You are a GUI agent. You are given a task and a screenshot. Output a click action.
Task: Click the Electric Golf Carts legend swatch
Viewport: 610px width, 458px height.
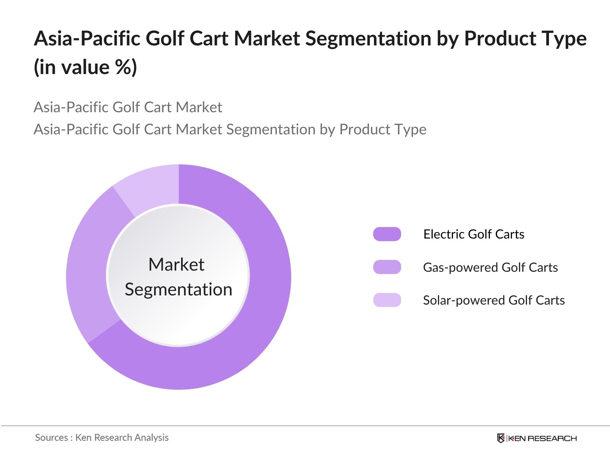tap(387, 234)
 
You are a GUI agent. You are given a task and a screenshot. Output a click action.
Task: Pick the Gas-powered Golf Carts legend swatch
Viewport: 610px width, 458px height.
tap(387, 267)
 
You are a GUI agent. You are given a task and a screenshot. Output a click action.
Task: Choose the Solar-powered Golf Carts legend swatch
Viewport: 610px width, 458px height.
tap(387, 300)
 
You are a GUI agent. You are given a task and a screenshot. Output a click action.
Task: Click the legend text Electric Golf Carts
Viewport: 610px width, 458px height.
tap(474, 234)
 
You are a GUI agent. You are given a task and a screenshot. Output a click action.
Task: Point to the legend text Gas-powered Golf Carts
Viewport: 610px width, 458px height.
tap(490, 267)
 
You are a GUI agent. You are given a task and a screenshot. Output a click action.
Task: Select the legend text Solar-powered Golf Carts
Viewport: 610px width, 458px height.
tap(494, 300)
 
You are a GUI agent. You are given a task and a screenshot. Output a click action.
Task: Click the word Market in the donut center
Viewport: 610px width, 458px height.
tap(176, 264)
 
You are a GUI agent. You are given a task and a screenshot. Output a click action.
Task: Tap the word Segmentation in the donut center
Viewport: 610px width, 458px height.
tap(178, 289)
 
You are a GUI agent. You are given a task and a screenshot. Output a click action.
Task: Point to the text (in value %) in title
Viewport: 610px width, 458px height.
tap(85, 67)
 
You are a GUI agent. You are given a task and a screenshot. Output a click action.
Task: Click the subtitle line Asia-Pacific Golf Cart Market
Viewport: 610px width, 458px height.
tap(128, 107)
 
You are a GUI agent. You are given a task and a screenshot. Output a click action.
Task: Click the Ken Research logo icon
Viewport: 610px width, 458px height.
tap(501, 438)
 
